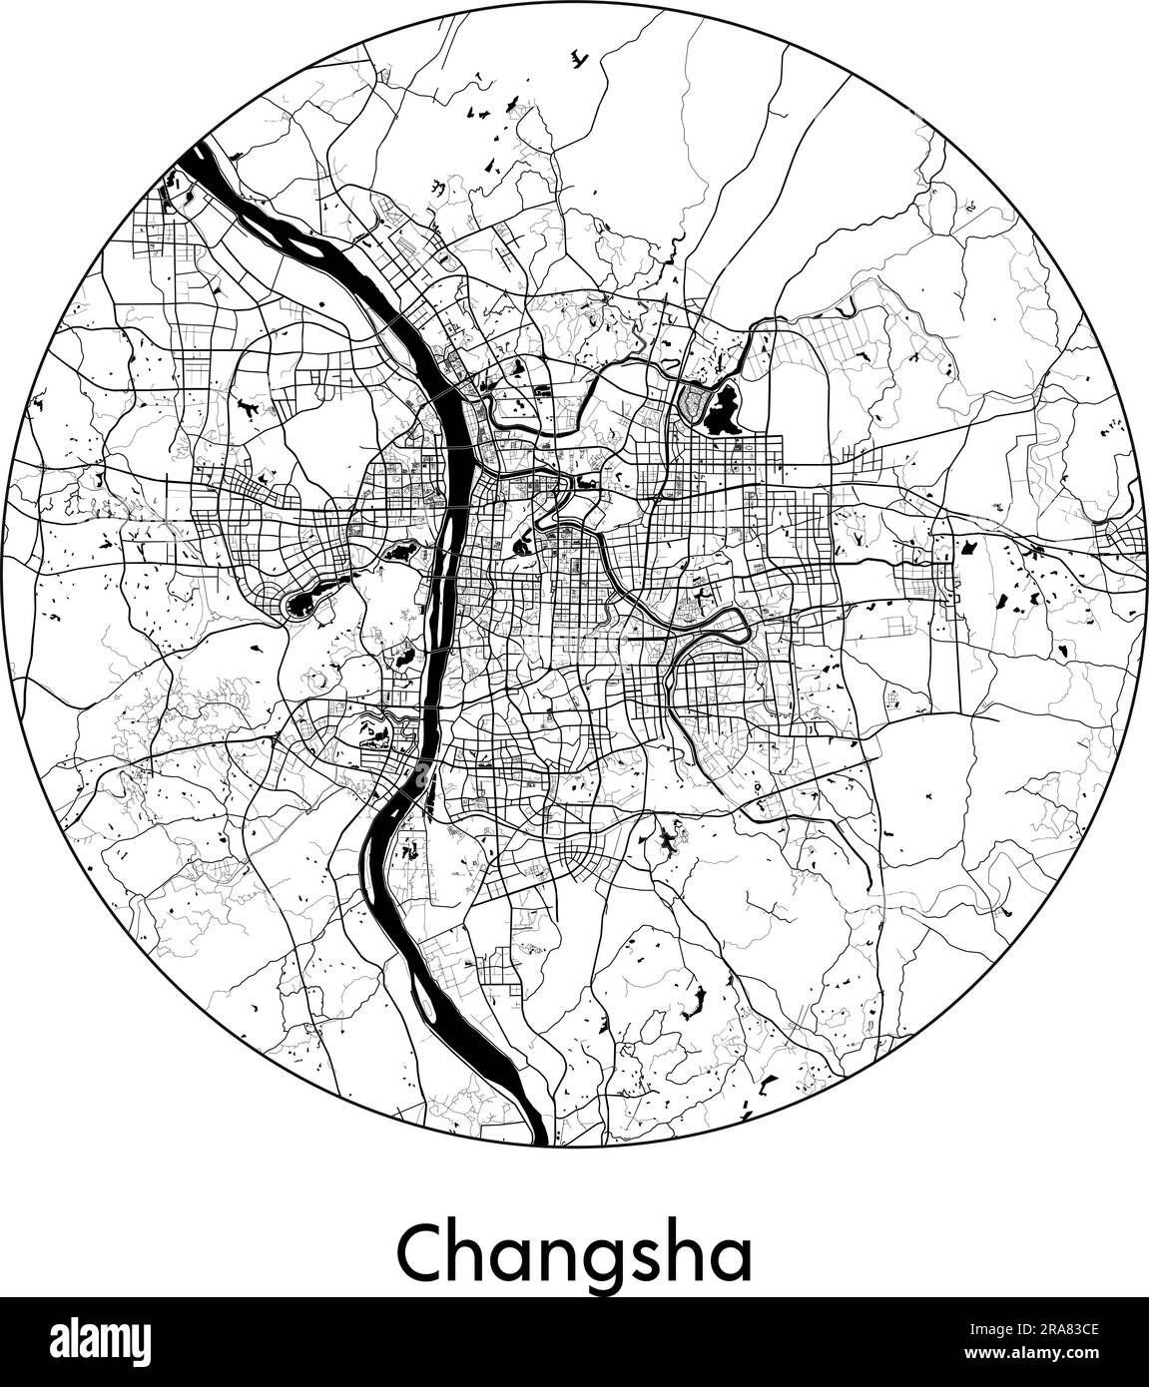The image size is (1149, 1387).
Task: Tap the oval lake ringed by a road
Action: [302, 603]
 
